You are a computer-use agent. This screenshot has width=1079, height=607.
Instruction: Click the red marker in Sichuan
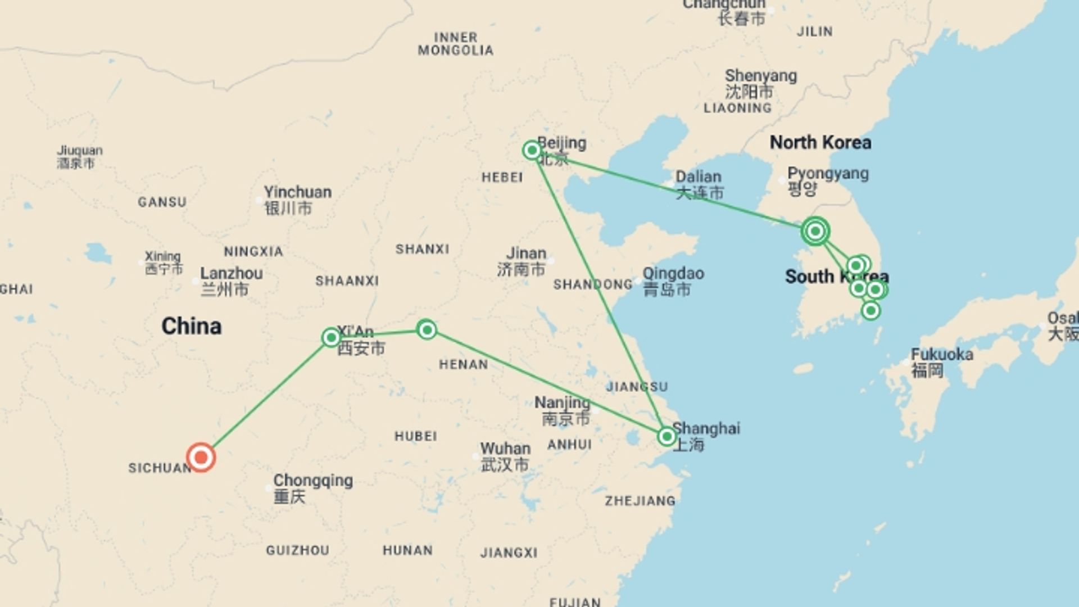click(x=201, y=457)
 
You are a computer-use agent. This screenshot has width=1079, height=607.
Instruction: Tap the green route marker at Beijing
click(x=532, y=150)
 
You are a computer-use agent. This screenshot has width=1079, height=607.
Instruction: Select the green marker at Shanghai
click(x=667, y=436)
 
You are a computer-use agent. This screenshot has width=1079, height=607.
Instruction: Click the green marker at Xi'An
click(x=331, y=337)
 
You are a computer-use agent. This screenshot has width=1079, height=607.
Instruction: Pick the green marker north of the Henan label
click(x=427, y=329)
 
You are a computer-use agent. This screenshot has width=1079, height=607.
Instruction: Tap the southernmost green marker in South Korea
click(x=871, y=310)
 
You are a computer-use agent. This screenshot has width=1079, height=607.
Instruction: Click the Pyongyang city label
click(x=827, y=174)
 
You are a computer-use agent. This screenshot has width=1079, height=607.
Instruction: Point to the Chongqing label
click(x=312, y=481)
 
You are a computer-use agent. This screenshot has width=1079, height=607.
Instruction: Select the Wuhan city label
click(x=505, y=449)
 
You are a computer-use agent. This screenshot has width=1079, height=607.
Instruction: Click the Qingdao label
click(x=673, y=274)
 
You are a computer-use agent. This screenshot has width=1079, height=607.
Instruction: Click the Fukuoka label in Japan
click(x=941, y=355)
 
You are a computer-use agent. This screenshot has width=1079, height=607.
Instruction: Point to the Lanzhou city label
click(x=231, y=274)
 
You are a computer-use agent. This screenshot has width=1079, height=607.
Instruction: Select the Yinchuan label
click(x=297, y=193)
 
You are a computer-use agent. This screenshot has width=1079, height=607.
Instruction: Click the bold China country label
click(x=191, y=327)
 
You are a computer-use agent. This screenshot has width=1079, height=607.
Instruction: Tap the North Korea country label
click(x=820, y=143)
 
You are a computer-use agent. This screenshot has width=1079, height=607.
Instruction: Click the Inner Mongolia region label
click(x=455, y=44)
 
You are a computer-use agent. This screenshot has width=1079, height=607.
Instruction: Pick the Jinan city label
click(x=526, y=254)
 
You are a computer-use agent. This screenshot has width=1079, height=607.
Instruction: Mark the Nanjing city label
click(x=562, y=403)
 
